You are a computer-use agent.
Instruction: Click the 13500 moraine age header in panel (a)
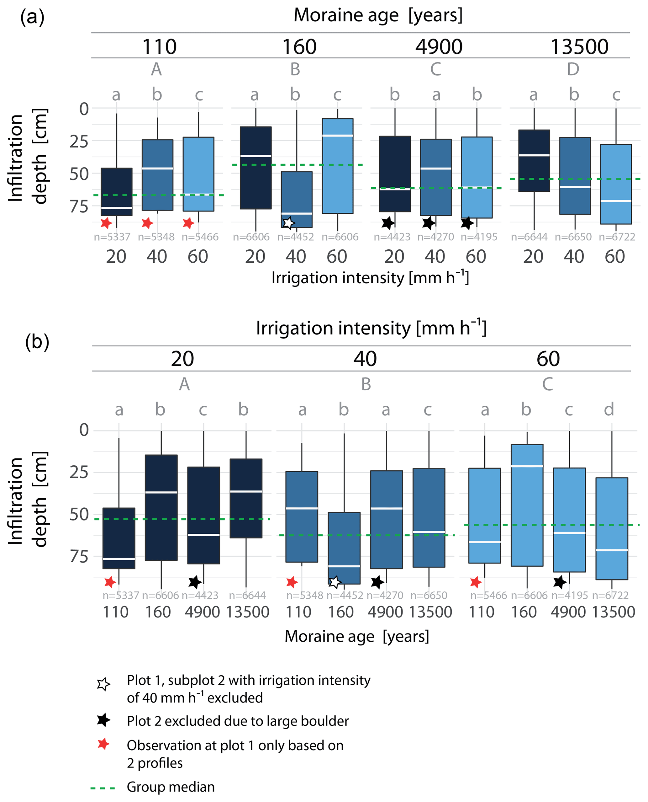[x=579, y=47]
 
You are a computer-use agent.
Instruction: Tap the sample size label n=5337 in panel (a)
[x=112, y=237]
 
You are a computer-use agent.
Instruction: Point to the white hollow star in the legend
[x=103, y=684]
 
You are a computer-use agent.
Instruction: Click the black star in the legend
[x=103, y=720]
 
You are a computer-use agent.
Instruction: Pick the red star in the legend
[x=103, y=744]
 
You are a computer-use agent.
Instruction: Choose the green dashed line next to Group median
[x=103, y=788]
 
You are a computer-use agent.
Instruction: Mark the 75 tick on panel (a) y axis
[x=79, y=206]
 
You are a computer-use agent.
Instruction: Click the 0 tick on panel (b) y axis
[x=84, y=430]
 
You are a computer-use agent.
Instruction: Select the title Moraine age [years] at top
[x=378, y=16]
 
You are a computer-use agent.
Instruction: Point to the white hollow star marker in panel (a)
[x=288, y=223]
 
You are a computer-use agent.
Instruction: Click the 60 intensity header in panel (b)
[x=548, y=359]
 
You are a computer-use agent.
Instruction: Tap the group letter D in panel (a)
[x=573, y=69]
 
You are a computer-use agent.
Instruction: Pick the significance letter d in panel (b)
[x=609, y=410]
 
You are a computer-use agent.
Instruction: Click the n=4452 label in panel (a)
[x=295, y=237]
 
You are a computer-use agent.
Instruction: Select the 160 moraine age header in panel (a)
[x=299, y=47]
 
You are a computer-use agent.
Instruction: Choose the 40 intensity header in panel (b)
[x=365, y=359]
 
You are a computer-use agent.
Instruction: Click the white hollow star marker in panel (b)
[x=335, y=582]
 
